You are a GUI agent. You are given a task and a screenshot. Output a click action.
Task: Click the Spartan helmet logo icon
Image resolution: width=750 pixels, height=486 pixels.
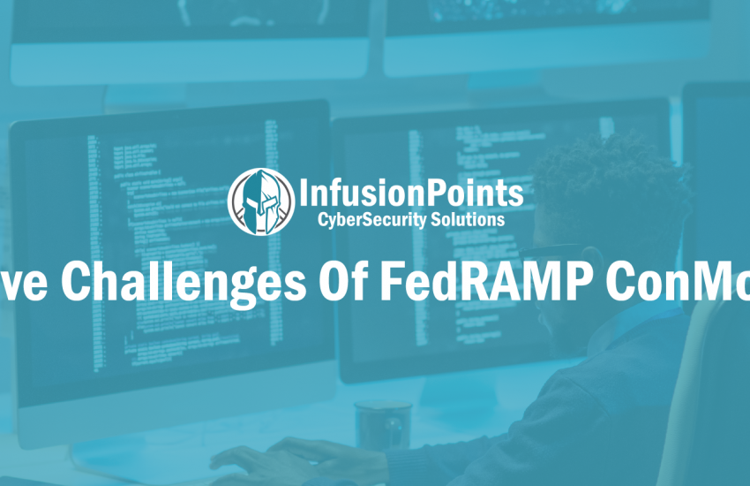click(x=260, y=202)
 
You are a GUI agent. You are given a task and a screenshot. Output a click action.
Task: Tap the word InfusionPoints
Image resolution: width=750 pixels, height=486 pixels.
click(x=410, y=192)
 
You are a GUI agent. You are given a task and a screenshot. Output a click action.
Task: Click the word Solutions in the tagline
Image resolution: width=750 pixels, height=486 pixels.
click(x=469, y=218)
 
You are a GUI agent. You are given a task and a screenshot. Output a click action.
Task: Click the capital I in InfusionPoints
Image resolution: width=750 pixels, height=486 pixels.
click(x=305, y=192)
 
